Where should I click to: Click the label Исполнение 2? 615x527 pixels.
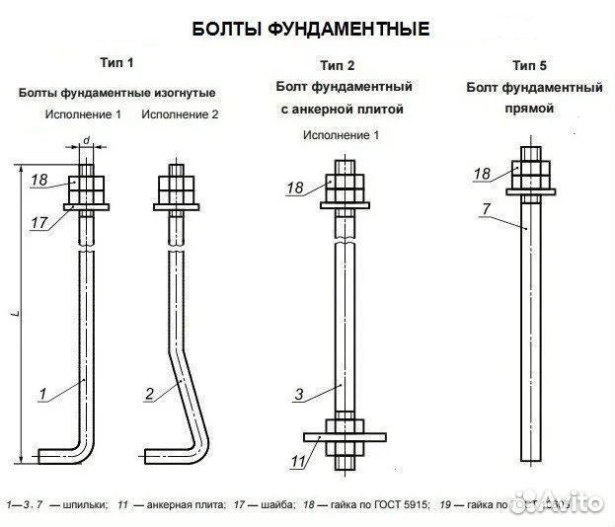point(180,114)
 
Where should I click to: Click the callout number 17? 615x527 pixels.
point(38,223)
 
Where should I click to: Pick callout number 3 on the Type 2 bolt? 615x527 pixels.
point(298,395)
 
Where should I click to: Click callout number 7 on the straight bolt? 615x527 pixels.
point(487,207)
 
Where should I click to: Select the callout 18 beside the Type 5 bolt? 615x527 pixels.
point(482,174)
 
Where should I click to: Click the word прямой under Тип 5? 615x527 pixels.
point(534,108)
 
